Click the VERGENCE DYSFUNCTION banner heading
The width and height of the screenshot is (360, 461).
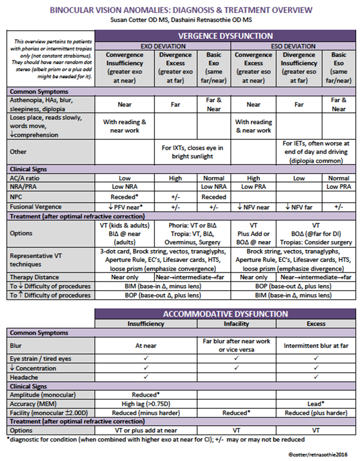pyautogui.click(x=225, y=36)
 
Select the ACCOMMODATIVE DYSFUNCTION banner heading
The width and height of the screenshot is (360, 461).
pyautogui.click(x=225, y=314)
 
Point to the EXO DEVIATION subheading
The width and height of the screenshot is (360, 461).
pyautogui.click(x=163, y=46)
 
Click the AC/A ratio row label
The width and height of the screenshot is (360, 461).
pyautogui.click(x=27, y=178)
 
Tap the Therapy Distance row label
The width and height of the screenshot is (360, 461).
pyautogui.click(x=34, y=277)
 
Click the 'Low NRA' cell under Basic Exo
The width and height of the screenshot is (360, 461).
pyautogui.click(x=214, y=187)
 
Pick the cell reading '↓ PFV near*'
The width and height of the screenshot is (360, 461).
pyautogui.click(x=125, y=207)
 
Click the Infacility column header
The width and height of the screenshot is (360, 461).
pyautogui.click(x=236, y=324)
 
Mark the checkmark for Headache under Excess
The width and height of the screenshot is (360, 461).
pyautogui.click(x=316, y=377)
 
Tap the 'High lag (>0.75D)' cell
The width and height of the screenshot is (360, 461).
pyautogui.click(x=146, y=404)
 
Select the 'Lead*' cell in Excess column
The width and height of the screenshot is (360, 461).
pyautogui.click(x=316, y=404)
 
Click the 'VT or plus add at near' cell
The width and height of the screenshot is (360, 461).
pyautogui.click(x=146, y=431)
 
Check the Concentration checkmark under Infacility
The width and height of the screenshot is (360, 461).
pyautogui.click(x=236, y=368)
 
